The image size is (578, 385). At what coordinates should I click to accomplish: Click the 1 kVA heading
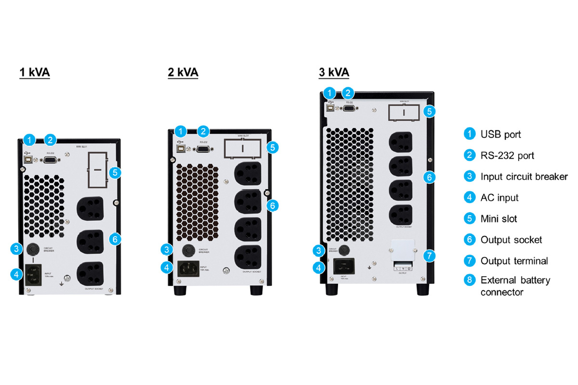click(x=35, y=73)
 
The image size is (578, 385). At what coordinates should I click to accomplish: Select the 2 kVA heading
click(x=183, y=73)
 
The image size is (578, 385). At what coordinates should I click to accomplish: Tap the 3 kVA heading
click(x=334, y=73)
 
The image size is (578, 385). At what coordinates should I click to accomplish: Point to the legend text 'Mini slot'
click(x=499, y=218)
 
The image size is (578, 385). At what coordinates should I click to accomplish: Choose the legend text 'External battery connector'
click(x=515, y=286)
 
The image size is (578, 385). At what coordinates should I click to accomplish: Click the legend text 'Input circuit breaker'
click(x=524, y=176)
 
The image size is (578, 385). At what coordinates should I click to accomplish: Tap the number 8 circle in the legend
click(x=469, y=280)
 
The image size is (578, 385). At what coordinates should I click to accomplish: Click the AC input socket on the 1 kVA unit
click(x=33, y=275)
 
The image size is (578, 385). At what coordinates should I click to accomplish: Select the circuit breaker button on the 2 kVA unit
click(x=187, y=251)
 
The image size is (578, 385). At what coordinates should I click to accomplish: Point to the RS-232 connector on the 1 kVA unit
click(x=50, y=161)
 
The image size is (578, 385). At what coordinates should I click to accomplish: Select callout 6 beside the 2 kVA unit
click(x=272, y=205)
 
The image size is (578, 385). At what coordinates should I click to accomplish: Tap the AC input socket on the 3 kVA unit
click(x=344, y=266)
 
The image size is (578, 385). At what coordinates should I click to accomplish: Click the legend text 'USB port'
click(x=500, y=134)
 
